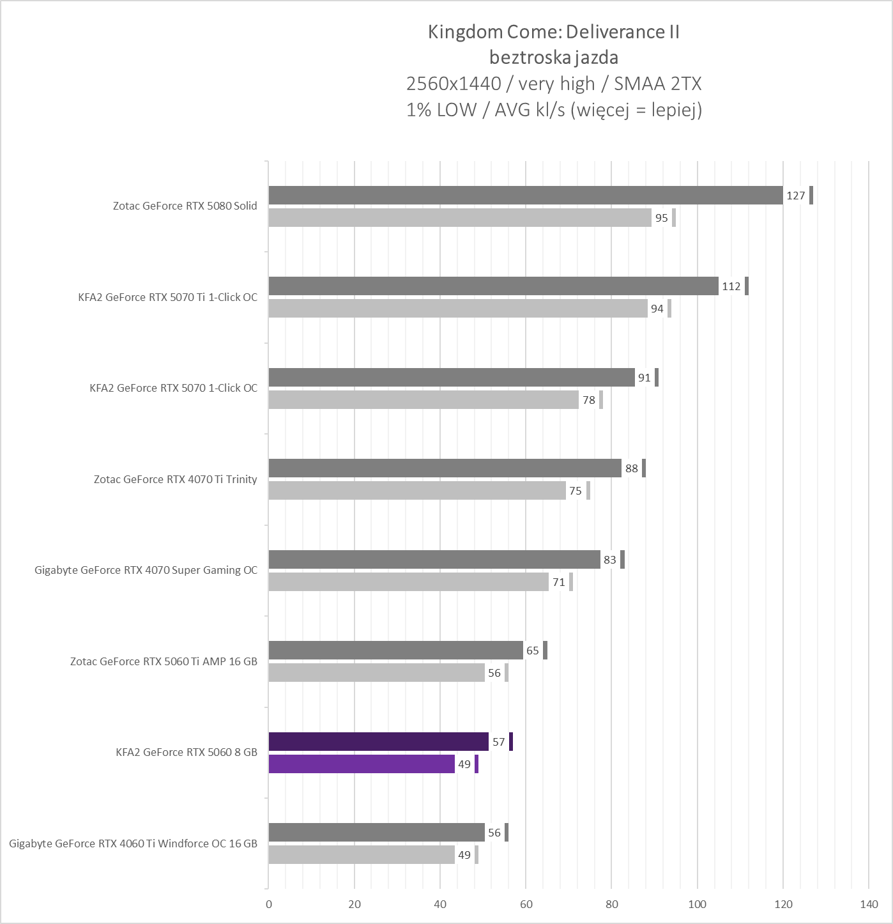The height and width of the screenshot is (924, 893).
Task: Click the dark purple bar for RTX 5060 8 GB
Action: coord(378,742)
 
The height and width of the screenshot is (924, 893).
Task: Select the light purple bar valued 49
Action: coord(362,764)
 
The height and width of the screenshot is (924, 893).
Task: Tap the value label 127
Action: coord(795,196)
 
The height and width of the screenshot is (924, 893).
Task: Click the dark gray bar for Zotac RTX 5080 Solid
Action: coord(525,196)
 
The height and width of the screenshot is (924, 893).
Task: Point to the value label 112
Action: coord(731,286)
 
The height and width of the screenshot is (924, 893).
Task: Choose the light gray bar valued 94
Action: coord(457,309)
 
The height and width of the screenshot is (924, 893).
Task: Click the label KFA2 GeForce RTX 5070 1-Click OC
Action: coord(173,388)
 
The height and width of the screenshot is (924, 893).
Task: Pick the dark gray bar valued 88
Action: coord(445,468)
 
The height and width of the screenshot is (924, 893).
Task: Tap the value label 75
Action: coord(576,491)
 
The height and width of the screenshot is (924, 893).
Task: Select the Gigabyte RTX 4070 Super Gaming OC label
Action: coord(146,570)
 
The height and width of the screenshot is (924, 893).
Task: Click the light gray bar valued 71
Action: coord(408,582)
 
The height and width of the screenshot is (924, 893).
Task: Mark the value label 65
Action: coord(533,651)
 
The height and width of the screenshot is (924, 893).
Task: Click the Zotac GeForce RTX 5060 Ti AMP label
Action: coord(164,661)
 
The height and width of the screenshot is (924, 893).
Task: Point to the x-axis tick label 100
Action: coord(697,904)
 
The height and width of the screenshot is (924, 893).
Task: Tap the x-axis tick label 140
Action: coord(869,904)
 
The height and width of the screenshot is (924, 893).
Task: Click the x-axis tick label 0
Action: coord(269,904)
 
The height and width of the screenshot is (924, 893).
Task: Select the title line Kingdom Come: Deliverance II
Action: coord(553,32)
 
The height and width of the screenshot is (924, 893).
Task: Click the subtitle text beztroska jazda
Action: coord(553,58)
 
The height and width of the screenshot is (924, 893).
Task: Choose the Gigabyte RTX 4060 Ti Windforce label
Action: coord(133,843)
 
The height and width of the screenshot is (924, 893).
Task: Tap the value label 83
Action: coord(610,560)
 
